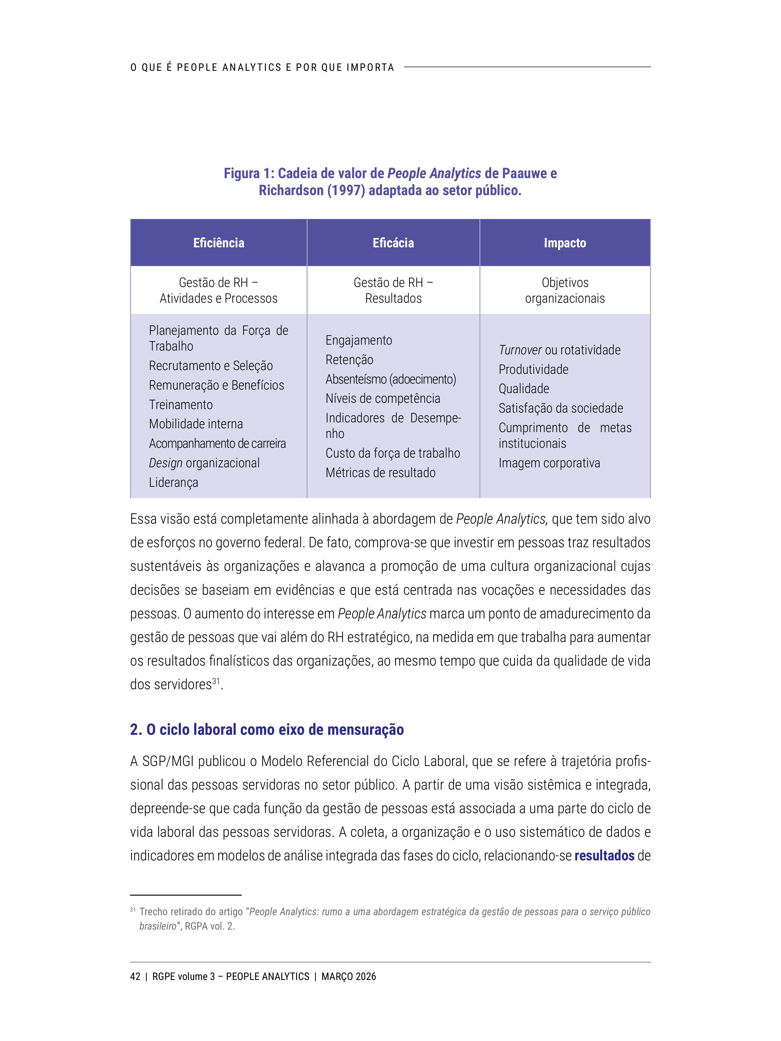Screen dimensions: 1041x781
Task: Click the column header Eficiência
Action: pyautogui.click(x=218, y=243)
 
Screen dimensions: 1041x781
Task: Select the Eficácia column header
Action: pyautogui.click(x=393, y=243)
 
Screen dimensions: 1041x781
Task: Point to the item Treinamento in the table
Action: pyautogui.click(x=181, y=405)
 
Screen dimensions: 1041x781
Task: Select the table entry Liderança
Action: pyautogui.click(x=173, y=482)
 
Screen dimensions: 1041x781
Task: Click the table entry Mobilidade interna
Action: pyautogui.click(x=196, y=424)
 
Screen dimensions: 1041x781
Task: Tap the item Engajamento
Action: pyautogui.click(x=358, y=340)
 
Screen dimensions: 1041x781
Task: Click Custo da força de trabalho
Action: pyautogui.click(x=393, y=453)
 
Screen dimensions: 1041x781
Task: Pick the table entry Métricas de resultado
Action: pyautogui.click(x=380, y=472)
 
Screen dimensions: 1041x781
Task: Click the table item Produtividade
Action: pyautogui.click(x=533, y=369)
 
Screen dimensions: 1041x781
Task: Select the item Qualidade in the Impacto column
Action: pyautogui.click(x=523, y=389)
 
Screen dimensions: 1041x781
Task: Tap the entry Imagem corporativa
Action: pyautogui.click(x=549, y=463)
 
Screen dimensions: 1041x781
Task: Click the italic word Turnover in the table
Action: pyautogui.click(x=520, y=350)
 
